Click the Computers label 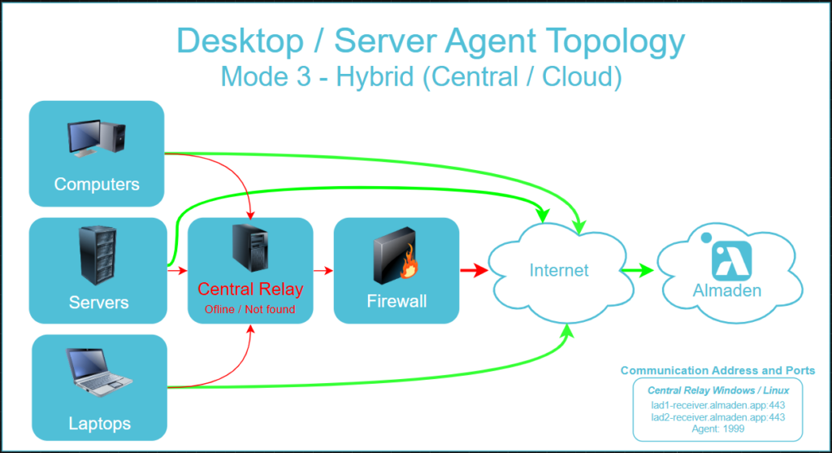pos(97,184)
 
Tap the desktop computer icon pos(97,138)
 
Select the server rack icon pos(97,255)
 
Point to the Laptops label pos(99,424)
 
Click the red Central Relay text pos(250,289)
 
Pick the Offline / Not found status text pos(250,309)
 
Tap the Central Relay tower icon pos(249,249)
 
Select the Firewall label pos(396,302)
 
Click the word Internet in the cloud pos(559,270)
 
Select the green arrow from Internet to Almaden pos(637,270)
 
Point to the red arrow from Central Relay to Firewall pos(323,270)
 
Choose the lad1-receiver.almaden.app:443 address pos(718,405)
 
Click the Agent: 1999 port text pos(718,429)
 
